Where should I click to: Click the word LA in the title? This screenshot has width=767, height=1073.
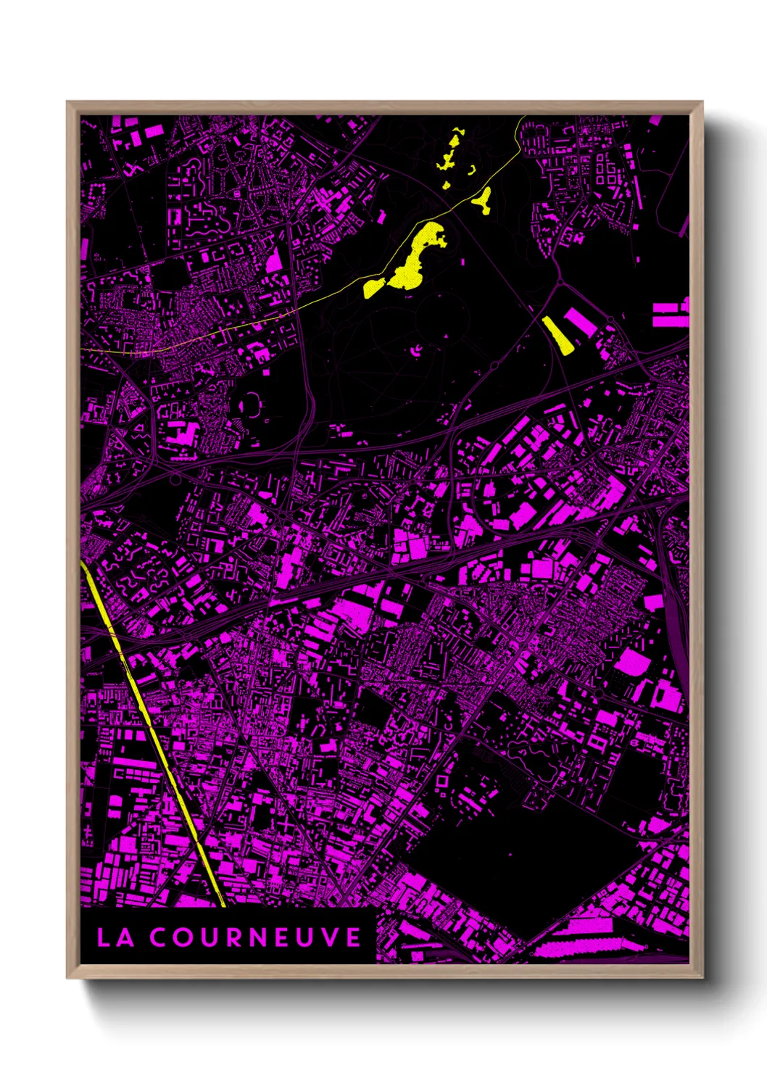[x=115, y=937]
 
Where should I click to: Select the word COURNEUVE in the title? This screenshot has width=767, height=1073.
[x=255, y=937]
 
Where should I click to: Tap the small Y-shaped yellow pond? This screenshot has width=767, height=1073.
[x=483, y=199]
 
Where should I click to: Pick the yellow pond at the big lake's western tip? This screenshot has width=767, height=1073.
[x=373, y=287]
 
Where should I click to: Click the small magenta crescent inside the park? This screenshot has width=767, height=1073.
[x=418, y=352]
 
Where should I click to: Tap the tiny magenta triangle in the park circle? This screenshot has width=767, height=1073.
[x=447, y=338]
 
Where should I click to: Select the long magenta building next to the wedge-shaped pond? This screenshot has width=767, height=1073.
[x=580, y=323]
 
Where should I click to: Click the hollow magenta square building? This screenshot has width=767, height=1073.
[x=440, y=781]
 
